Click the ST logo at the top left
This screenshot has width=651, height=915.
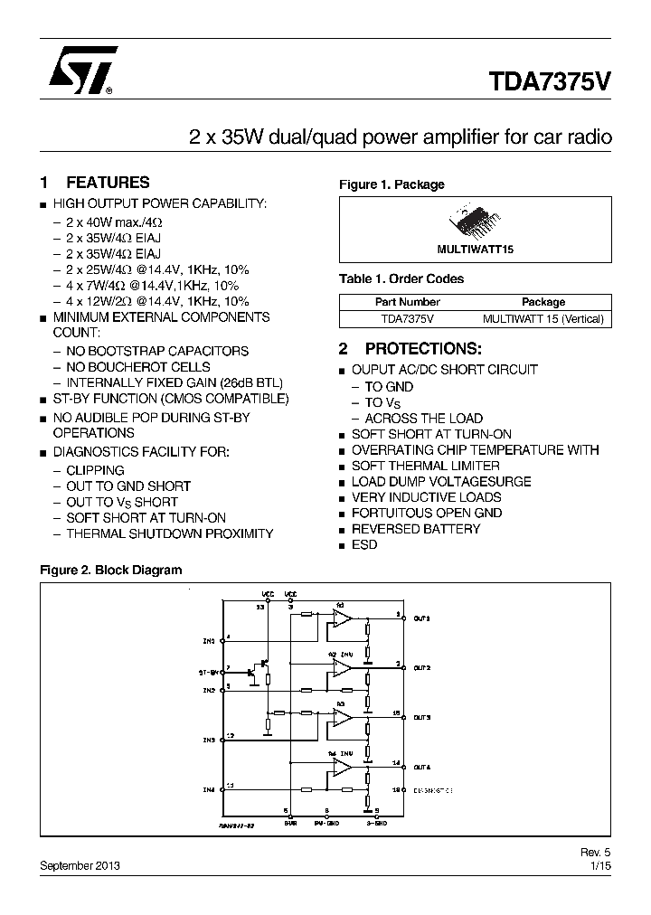[80, 72]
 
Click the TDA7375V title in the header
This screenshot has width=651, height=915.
[551, 80]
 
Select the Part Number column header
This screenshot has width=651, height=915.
[407, 302]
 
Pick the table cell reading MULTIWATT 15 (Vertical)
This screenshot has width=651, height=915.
[542, 318]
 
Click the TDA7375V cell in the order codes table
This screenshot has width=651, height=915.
[407, 318]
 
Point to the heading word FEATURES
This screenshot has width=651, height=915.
[108, 183]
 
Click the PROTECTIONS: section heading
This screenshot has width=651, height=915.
[422, 348]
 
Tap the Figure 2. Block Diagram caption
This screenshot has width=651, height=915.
[111, 571]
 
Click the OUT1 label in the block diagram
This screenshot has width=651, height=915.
[422, 618]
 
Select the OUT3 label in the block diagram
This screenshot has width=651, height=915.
[422, 717]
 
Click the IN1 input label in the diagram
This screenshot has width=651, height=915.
[209, 641]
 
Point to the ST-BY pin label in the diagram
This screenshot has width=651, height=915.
[208, 673]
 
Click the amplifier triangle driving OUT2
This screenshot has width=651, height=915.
[342, 668]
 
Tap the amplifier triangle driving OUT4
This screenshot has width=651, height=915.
[342, 767]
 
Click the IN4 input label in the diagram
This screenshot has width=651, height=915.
[209, 789]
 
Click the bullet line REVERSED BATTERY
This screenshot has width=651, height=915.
[416, 529]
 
